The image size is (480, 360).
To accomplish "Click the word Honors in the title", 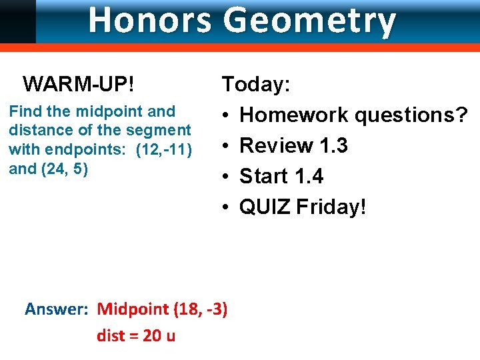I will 151,20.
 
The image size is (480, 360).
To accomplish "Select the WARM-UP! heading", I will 79,85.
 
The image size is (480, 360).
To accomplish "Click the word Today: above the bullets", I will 256,85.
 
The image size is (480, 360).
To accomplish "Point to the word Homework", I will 294,115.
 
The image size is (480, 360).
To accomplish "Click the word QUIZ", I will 265,207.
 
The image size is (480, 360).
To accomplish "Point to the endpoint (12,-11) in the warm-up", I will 164,149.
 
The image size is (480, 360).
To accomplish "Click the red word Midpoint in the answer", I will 133,309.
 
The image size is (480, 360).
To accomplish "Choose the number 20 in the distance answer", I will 152,335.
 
